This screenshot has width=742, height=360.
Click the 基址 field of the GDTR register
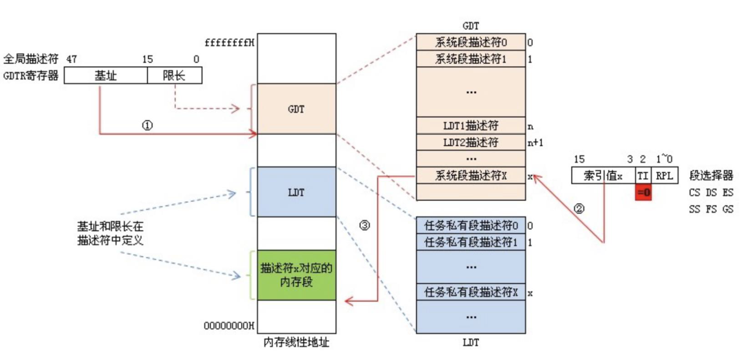tap(106, 76)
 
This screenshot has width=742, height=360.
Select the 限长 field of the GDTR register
tap(174, 76)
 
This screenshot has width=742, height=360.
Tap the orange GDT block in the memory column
tap(296, 109)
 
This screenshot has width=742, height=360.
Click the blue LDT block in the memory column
tap(296, 192)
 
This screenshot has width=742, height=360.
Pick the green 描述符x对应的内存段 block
tap(296, 275)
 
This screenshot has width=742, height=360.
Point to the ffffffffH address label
tap(229, 43)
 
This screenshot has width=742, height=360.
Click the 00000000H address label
tap(229, 326)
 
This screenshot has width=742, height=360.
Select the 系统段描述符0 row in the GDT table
tap(471, 42)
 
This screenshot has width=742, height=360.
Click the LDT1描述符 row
tap(471, 126)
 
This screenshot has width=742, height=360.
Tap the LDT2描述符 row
tap(471, 142)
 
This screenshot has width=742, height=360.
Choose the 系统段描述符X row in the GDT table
tap(471, 175)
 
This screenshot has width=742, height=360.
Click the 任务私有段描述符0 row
tap(471, 225)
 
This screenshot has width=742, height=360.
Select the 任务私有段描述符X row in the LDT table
tap(471, 292)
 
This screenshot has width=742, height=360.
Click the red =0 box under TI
tap(643, 193)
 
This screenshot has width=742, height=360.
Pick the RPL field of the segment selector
tap(665, 176)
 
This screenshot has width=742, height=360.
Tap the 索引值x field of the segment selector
tap(603, 176)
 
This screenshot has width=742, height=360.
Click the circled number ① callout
tap(147, 125)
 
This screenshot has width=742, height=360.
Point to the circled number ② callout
tap(579, 209)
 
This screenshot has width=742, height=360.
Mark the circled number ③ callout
tap(365, 225)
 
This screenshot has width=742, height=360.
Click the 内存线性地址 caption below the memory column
tap(296, 342)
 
